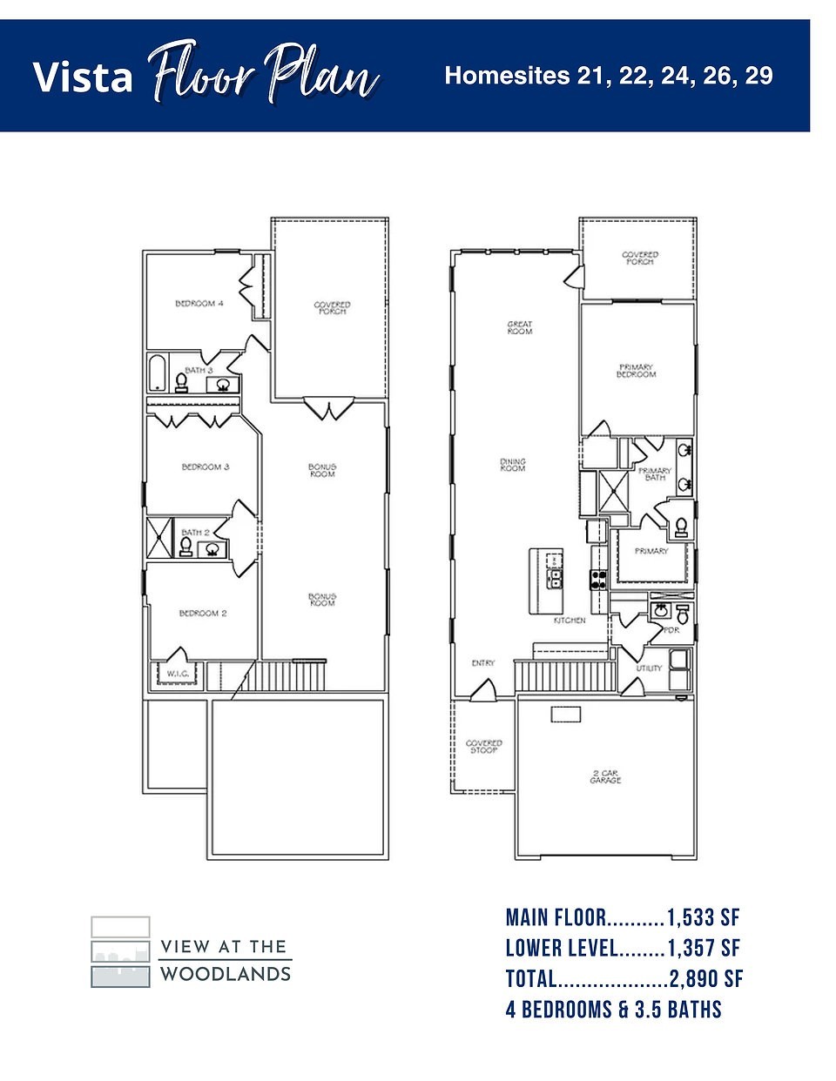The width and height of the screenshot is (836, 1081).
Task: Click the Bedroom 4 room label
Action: point(199,304)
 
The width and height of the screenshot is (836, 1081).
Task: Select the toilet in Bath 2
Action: point(185,546)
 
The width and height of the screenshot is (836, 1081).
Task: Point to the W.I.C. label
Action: point(178,673)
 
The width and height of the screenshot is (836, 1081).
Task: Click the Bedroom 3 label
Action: point(205,467)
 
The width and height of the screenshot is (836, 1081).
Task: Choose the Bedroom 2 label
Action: point(203,614)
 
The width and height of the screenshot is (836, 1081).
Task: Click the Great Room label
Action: point(520,327)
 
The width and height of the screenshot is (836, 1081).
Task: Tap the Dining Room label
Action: point(513,466)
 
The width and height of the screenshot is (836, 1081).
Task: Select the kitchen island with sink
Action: point(549,581)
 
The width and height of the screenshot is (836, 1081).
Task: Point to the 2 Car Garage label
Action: point(605,776)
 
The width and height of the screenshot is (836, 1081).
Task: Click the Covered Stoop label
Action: point(484,747)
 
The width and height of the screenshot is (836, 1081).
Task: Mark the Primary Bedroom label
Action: point(637,371)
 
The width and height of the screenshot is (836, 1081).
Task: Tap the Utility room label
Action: point(649,668)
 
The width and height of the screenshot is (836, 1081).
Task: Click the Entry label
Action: point(483,663)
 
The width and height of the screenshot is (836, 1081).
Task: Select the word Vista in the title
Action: point(84,77)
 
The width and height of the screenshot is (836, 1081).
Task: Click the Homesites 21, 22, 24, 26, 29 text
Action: point(608,76)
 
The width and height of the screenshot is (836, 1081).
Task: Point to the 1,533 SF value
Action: point(703,917)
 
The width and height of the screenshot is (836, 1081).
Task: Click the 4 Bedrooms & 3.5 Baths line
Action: point(613,1010)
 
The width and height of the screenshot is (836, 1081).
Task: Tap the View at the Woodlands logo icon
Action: point(120,951)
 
